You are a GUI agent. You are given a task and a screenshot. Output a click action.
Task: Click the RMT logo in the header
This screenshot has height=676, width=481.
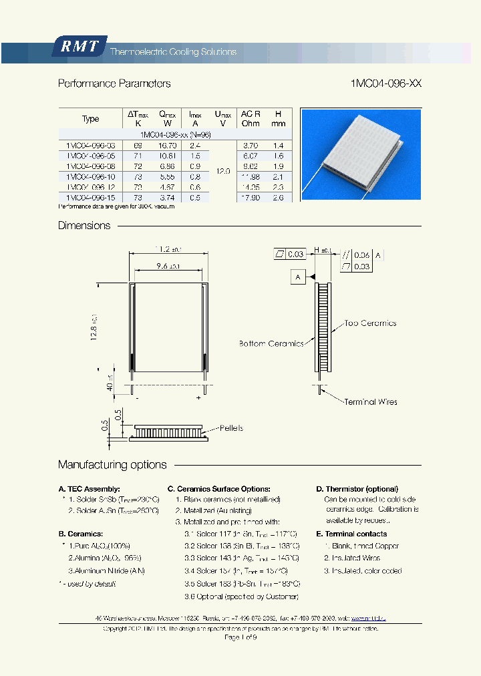tap(79, 47)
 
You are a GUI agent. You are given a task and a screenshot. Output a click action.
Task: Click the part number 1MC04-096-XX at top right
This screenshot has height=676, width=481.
tap(385, 83)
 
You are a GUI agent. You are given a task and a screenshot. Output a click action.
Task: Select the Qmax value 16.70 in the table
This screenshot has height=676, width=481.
tap(167, 145)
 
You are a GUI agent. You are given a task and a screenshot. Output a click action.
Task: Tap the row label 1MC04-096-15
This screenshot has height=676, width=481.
tap(90, 198)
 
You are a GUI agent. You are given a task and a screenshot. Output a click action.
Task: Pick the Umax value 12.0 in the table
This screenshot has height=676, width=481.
tap(222, 171)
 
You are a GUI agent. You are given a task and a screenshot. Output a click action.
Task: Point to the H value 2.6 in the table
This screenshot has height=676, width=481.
tap(279, 198)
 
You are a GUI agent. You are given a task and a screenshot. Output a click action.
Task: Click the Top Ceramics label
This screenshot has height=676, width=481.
tap(370, 323)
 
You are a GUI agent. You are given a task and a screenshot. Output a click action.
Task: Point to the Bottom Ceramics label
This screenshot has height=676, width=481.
tap(271, 343)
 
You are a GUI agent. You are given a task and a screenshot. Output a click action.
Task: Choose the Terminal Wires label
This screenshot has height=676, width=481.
tap(371, 401)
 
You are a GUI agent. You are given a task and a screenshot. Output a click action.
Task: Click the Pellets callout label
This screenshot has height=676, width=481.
tap(231, 428)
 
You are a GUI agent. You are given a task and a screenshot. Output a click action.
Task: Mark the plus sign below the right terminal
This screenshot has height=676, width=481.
tap(198, 398)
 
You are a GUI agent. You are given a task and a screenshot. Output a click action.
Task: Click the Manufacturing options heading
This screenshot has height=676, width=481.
tap(112, 465)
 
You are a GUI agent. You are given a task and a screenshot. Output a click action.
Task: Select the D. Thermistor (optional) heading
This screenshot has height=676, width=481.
tap(357, 489)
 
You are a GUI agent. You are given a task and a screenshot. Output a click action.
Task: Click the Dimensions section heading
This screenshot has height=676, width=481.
tap(84, 226)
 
